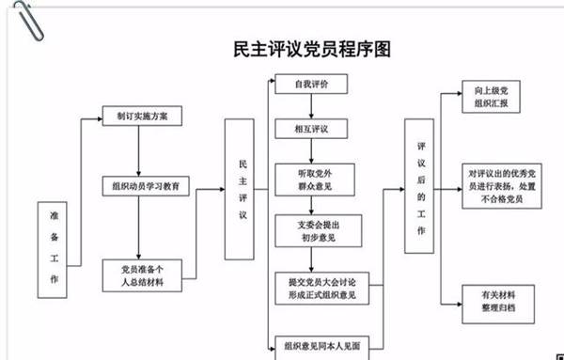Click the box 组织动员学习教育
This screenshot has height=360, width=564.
pyautogui.click(x=147, y=186)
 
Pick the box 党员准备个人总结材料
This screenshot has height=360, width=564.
pyautogui.click(x=142, y=274)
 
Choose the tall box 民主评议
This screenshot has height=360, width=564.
pyautogui.click(x=243, y=189)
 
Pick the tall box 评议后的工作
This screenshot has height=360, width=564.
pyautogui.click(x=421, y=187)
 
